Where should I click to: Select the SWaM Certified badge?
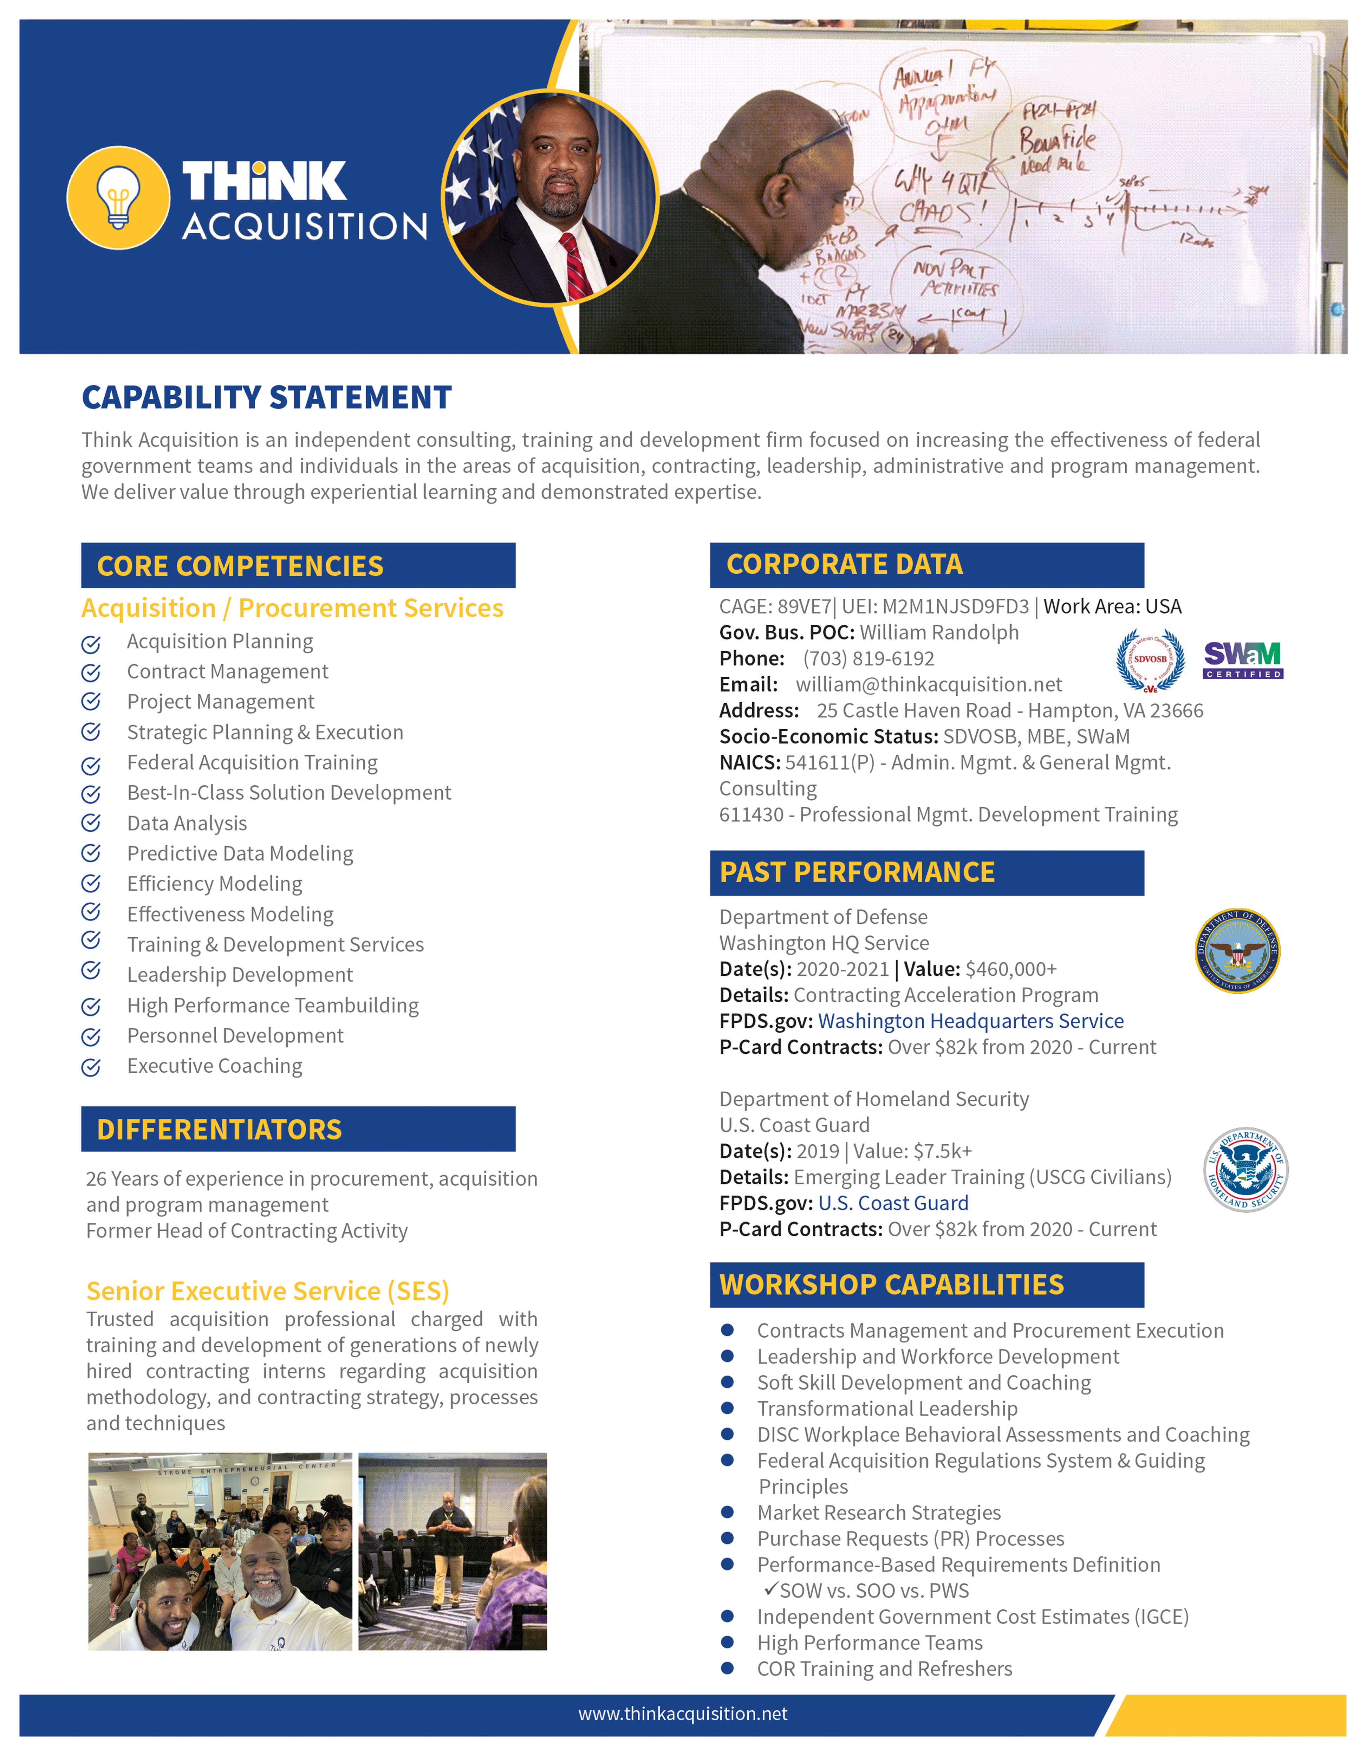(1242, 660)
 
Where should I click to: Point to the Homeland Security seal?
(1245, 1169)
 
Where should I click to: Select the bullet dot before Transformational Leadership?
(728, 1408)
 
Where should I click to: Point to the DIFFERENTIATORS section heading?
(220, 1130)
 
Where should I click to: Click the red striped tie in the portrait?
(575, 265)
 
